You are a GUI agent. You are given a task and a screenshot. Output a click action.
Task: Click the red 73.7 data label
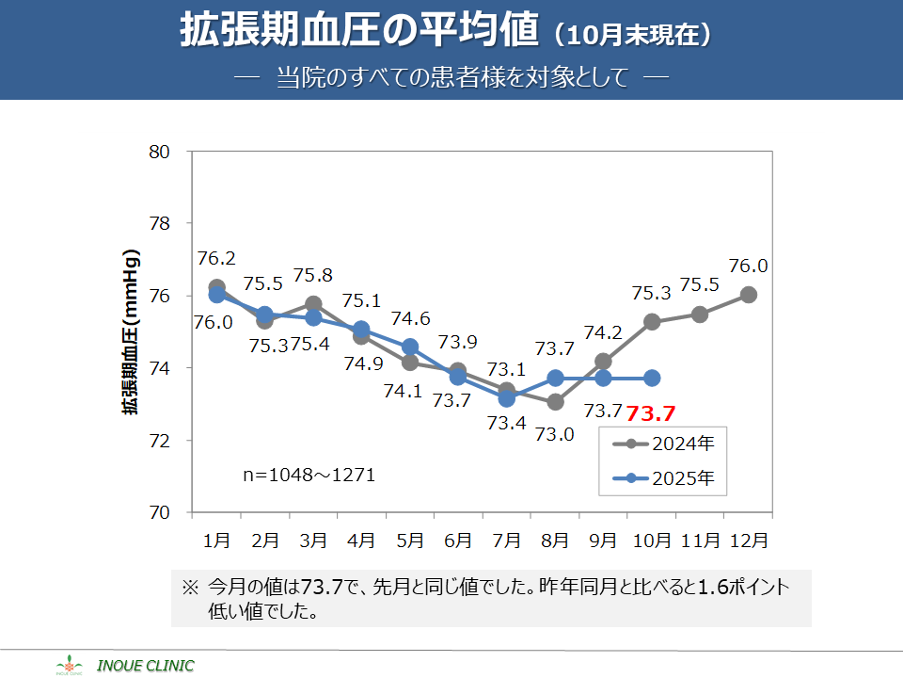pyautogui.click(x=652, y=412)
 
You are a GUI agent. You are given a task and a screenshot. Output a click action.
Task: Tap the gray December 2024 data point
pyautogui.click(x=749, y=295)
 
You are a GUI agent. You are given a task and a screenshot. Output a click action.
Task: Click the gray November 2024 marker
pyautogui.click(x=700, y=314)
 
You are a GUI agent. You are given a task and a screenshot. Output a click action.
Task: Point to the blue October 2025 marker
pyautogui.click(x=652, y=378)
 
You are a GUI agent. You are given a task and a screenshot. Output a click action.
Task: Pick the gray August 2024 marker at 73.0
pyautogui.click(x=555, y=402)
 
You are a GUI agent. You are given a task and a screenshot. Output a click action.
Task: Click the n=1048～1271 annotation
pyautogui.click(x=309, y=476)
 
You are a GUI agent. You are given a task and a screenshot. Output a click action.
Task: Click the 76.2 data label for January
pyautogui.click(x=216, y=258)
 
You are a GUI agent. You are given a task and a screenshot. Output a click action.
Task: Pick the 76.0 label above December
pyautogui.click(x=749, y=266)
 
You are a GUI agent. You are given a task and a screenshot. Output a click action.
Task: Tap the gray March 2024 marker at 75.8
pyautogui.click(x=313, y=304)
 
